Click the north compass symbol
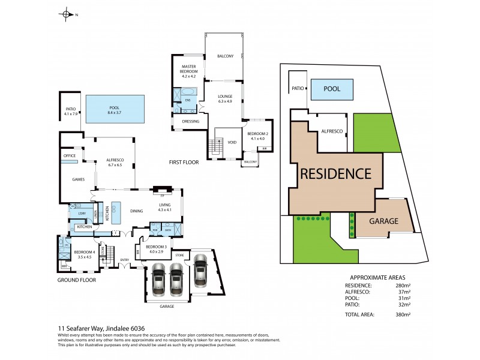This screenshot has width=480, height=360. [x=67, y=14]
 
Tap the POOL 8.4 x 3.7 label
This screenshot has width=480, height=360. [x=115, y=110]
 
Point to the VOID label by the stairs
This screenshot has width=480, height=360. [x=232, y=142]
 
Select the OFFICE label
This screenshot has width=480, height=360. [x=70, y=155]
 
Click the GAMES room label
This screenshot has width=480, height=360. [x=78, y=179]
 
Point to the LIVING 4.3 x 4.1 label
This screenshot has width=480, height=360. [x=164, y=207]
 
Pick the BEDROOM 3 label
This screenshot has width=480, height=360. [x=156, y=248]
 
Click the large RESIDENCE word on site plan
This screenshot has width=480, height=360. [x=335, y=174]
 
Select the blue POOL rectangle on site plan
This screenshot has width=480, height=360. [x=332, y=89]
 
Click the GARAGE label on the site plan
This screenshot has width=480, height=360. [x=383, y=221]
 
